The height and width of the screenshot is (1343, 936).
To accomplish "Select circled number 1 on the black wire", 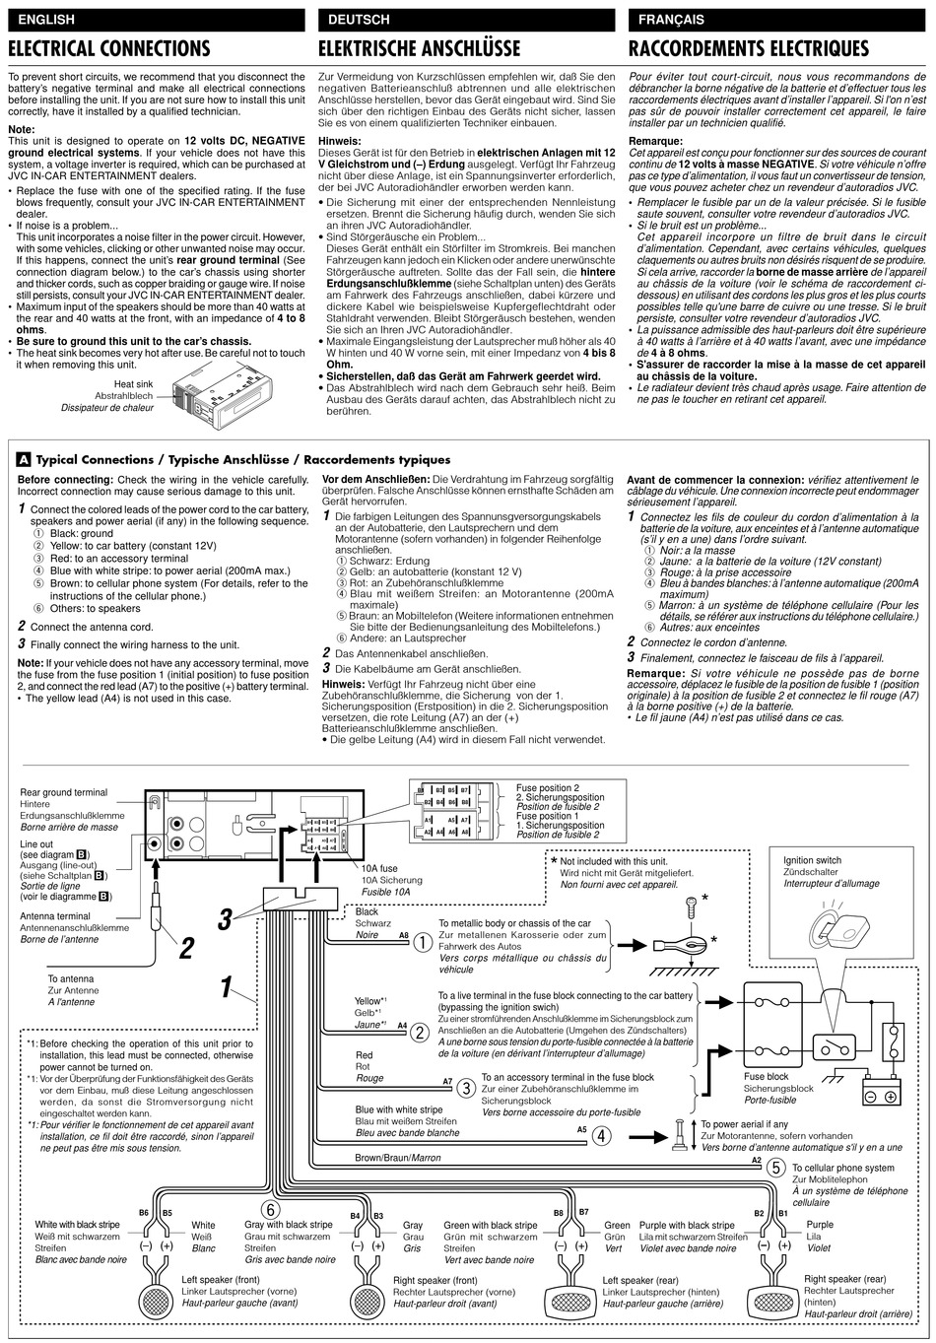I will pyautogui.click(x=423, y=943).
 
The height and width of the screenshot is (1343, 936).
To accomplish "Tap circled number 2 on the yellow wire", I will pyautogui.click(x=421, y=1033).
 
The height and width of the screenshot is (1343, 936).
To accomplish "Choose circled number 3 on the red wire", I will pyautogui.click(x=467, y=1087).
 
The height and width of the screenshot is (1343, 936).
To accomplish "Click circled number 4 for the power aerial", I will pyautogui.click(x=602, y=1135).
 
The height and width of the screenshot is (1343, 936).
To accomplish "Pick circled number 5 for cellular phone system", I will pyautogui.click(x=776, y=1168).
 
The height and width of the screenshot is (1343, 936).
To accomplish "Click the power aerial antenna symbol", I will pyautogui.click(x=680, y=1136).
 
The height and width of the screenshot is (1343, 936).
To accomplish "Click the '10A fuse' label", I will pyautogui.click(x=380, y=868).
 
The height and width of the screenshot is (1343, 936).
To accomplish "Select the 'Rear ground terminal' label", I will pyautogui.click(x=64, y=792).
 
